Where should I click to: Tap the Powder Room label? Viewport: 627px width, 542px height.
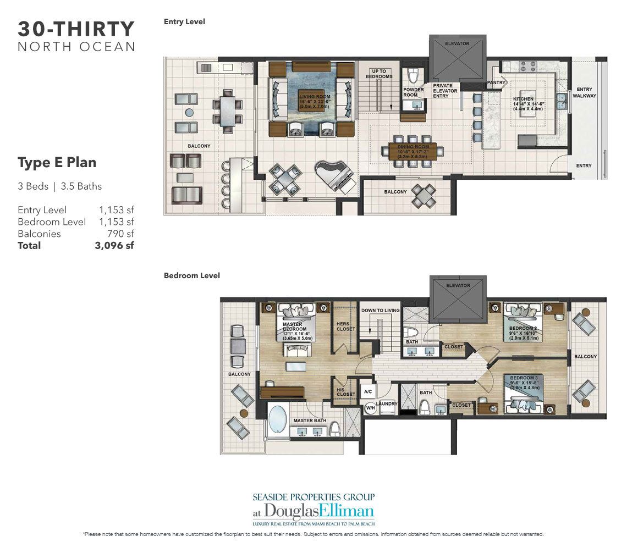click(413, 92)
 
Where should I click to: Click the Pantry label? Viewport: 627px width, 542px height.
click(496, 82)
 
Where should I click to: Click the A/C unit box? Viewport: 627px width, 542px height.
click(367, 392)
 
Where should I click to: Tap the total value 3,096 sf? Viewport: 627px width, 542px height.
click(114, 246)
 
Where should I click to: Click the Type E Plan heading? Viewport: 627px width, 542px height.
click(57, 162)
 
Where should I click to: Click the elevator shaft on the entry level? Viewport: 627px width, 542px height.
click(458, 58)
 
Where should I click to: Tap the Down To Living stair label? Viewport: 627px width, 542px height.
click(380, 311)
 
